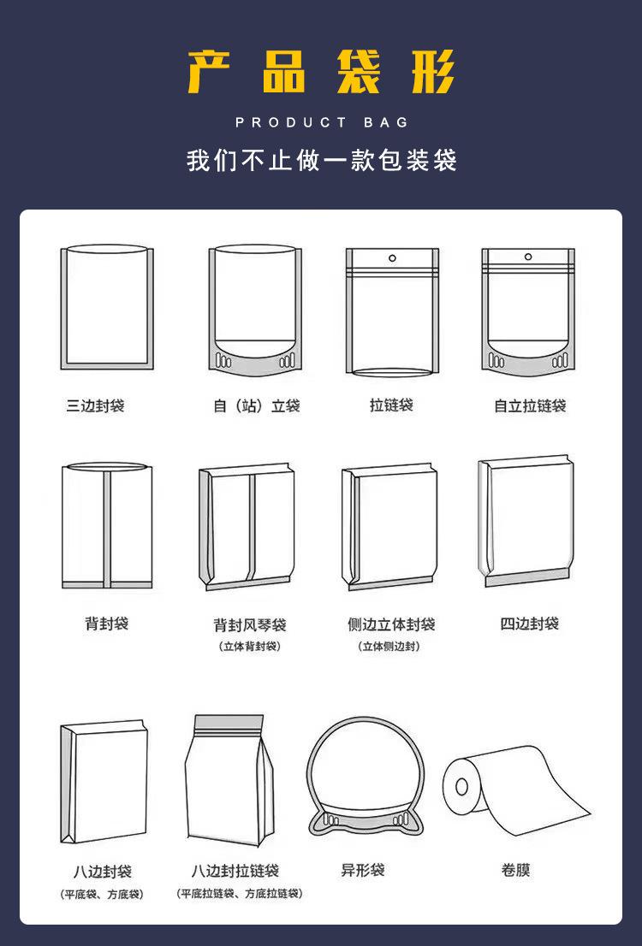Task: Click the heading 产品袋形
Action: [321, 72]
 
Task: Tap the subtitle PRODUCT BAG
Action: [322, 122]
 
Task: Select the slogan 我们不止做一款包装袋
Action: [321, 160]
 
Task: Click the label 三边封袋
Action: [96, 405]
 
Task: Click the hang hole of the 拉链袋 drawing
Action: [392, 257]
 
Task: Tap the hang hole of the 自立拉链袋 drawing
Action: [528, 257]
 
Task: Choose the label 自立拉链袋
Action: [530, 405]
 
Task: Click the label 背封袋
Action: [106, 624]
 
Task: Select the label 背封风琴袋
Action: [250, 625]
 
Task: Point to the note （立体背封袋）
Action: [250, 646]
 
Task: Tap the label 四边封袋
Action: [529, 624]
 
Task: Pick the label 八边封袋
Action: [102, 872]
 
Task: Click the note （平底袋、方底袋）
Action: [102, 894]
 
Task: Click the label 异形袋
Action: [363, 871]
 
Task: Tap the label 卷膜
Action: [516, 871]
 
